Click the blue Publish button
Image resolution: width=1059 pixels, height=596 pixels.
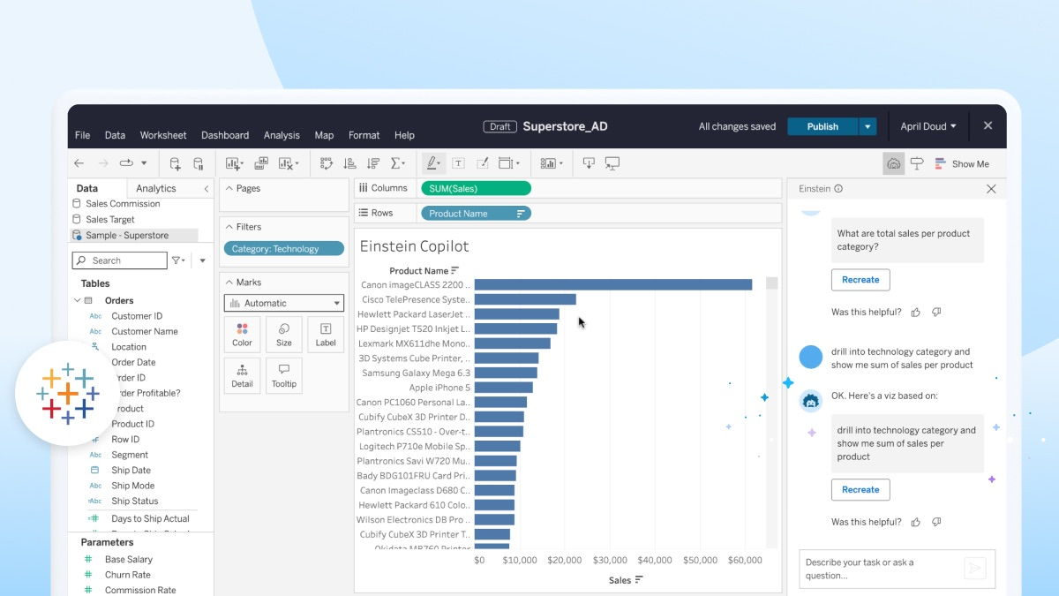(822, 126)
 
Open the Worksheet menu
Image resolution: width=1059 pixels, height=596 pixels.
(163, 135)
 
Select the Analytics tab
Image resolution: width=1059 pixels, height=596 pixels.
(156, 188)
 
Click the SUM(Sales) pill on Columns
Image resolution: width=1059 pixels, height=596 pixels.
(476, 188)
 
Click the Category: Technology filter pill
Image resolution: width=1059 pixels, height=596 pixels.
(283, 249)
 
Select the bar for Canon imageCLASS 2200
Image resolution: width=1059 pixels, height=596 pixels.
(612, 284)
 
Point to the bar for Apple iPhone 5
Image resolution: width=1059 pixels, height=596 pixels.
(503, 387)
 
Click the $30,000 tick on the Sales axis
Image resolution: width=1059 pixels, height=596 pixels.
(610, 561)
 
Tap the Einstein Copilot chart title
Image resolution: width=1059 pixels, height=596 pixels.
(414, 246)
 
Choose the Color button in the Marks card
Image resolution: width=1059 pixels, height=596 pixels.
(242, 335)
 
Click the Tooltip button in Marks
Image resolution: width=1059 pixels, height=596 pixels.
(284, 375)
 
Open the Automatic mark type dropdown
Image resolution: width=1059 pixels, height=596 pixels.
(283, 303)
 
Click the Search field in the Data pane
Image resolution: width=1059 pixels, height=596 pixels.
(119, 260)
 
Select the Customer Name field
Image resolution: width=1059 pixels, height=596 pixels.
(144, 331)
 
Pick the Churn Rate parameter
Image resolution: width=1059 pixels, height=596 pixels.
(128, 575)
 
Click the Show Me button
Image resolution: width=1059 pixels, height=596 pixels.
(962, 163)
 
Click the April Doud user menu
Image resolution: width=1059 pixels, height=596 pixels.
(928, 126)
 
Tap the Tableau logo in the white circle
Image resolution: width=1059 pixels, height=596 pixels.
(68, 393)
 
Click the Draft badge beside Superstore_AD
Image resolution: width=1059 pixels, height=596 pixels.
(499, 126)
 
